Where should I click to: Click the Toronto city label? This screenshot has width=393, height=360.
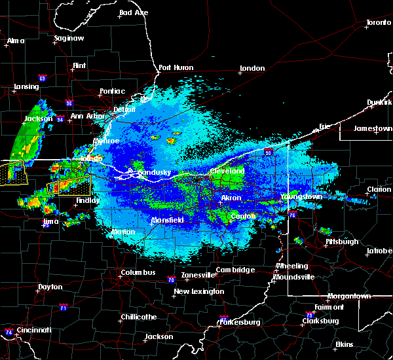coord(378,23)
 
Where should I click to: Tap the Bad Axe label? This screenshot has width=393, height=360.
coord(133,13)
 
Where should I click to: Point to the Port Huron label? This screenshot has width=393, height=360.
coord(178,67)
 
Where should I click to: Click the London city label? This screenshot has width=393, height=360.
coord(252,68)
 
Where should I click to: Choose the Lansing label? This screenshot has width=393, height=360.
coord(26,87)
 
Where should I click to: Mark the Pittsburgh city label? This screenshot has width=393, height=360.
coord(343,242)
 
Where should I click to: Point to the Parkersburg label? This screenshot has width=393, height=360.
coord(242,322)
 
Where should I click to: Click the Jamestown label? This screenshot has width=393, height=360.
coord(373,128)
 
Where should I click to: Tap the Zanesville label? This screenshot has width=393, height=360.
coord(199,275)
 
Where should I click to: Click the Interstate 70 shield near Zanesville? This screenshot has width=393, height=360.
coord(170,279)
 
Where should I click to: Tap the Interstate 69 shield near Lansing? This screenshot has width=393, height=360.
coord(42,79)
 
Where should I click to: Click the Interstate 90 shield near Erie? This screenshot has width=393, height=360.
coord(268,153)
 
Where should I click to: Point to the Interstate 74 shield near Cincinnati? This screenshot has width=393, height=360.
coord(9,332)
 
